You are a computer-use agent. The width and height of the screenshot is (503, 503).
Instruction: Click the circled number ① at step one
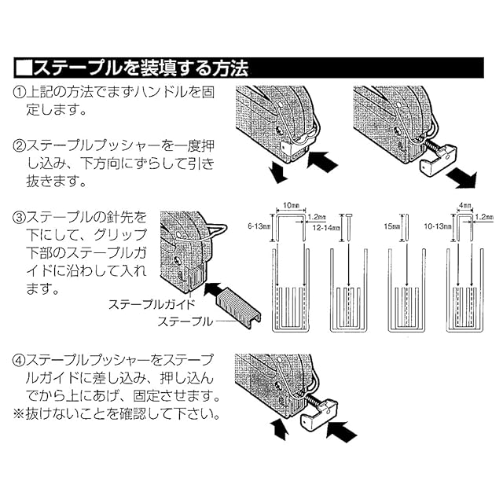pyautogui.click(x=20, y=93)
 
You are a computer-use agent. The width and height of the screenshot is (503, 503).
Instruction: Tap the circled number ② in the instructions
pyautogui.click(x=20, y=146)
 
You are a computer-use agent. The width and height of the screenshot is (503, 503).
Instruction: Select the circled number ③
pyautogui.click(x=20, y=218)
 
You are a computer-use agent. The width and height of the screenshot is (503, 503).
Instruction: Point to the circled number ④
pyautogui.click(x=20, y=360)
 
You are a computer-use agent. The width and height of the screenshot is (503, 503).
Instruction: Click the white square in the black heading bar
pyautogui.click(x=24, y=68)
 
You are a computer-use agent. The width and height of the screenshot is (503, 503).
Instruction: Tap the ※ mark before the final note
pyautogui.click(x=19, y=414)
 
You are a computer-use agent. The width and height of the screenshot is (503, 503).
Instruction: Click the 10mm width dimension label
pyautogui.click(x=291, y=205)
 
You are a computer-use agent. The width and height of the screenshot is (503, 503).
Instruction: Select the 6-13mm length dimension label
pyautogui.click(x=259, y=226)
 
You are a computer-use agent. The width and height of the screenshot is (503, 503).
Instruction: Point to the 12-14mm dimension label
pyautogui.click(x=326, y=228)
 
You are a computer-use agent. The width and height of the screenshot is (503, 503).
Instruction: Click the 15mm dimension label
pyautogui.click(x=391, y=226)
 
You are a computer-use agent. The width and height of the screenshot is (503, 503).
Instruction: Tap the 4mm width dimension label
pyautogui.click(x=464, y=205)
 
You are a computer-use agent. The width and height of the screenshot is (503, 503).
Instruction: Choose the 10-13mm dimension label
pyautogui.click(x=438, y=226)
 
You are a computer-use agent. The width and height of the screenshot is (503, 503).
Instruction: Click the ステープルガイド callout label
pyautogui.click(x=152, y=304)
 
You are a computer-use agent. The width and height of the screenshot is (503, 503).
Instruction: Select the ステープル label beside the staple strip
pyautogui.click(x=185, y=321)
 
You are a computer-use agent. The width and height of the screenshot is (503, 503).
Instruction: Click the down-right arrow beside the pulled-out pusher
pyautogui.click(x=461, y=178)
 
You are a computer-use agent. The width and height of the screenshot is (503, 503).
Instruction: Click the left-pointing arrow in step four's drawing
pyautogui.click(x=341, y=431)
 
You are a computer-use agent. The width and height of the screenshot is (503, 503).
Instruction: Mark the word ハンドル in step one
pyautogui.click(x=160, y=93)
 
